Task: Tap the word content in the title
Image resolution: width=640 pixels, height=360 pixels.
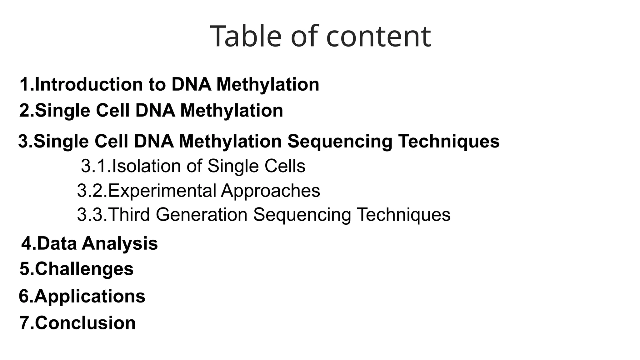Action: (x=378, y=37)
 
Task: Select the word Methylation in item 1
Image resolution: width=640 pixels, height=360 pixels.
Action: (x=268, y=84)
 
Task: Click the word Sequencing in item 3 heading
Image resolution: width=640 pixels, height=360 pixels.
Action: (x=340, y=141)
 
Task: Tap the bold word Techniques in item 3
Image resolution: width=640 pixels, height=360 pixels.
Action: (x=449, y=141)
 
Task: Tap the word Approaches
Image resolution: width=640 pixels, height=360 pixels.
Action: (x=271, y=191)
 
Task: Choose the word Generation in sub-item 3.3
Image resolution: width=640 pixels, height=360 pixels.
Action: (x=202, y=215)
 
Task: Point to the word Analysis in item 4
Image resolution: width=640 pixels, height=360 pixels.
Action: (x=120, y=243)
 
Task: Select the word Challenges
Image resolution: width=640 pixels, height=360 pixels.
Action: (x=84, y=269)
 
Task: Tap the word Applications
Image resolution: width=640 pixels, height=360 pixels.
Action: (x=90, y=296)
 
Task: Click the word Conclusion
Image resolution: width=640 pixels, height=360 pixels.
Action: (x=85, y=323)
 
